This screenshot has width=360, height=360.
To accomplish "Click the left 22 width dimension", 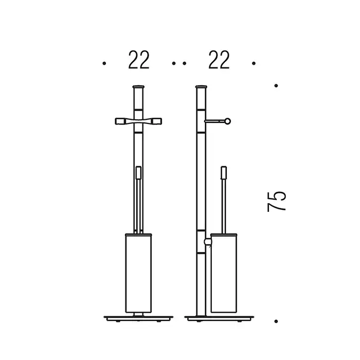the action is [139, 60].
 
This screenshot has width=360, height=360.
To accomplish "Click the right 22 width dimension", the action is [219, 60].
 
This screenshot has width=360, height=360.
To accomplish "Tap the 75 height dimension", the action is [277, 202].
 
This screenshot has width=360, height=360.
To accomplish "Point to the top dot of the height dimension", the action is [276, 86].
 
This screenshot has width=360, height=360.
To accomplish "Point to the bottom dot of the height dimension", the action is [276, 321].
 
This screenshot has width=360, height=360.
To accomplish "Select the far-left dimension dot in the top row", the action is [104, 63].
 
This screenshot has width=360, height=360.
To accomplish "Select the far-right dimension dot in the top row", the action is [254, 63].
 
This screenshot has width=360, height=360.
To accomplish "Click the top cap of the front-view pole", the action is [138, 87].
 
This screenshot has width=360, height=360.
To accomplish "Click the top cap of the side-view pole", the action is [201, 87].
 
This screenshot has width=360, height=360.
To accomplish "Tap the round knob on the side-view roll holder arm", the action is [227, 121].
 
